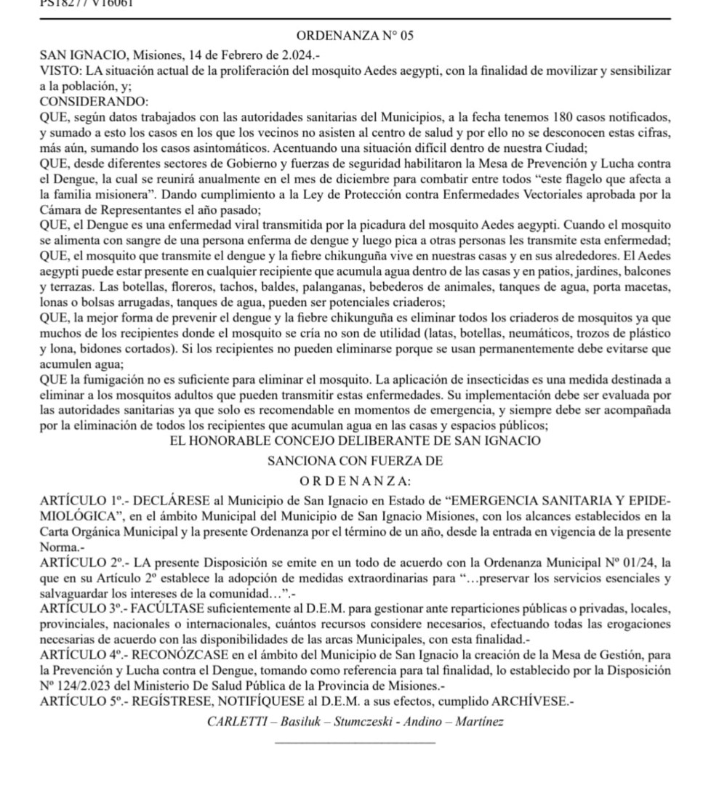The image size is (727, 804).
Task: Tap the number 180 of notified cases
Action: pos(565,116)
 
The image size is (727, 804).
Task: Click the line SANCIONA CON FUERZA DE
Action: pos(356,461)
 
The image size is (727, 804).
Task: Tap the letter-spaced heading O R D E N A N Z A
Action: pos(355,481)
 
